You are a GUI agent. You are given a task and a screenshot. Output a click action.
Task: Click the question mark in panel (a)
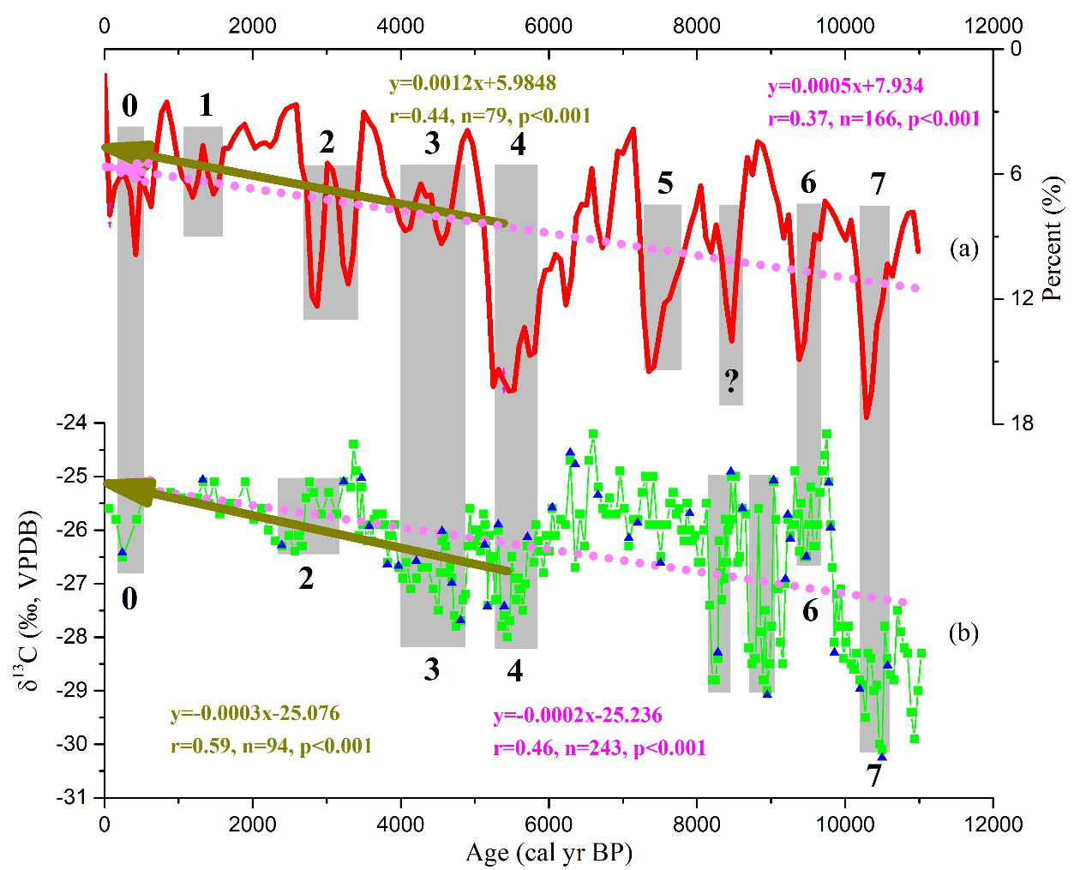tap(731, 381)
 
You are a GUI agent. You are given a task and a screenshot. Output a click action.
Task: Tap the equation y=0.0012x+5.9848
tap(472, 83)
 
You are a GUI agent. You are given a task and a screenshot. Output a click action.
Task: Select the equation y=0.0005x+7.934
tap(845, 87)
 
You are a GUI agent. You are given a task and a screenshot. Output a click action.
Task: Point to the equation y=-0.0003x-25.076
tap(255, 713)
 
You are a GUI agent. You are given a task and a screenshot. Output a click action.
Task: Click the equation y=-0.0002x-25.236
tap(578, 715)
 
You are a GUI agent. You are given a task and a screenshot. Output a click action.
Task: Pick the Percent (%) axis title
tap(1052, 238)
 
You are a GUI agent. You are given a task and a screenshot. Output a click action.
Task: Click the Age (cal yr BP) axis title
tap(549, 853)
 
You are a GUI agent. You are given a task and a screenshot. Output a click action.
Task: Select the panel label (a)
tap(963, 249)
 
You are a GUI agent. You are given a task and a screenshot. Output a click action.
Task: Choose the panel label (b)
tap(963, 633)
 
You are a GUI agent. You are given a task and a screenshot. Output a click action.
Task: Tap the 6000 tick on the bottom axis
tap(549, 824)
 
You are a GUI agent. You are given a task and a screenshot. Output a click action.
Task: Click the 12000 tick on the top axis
tap(993, 26)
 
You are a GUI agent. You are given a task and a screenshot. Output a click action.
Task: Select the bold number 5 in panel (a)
tap(665, 183)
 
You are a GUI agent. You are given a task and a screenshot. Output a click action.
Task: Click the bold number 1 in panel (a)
tap(206, 105)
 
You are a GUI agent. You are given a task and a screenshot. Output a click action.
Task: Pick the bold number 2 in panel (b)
tap(306, 579)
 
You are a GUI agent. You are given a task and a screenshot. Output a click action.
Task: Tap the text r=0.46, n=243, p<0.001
tap(599, 748)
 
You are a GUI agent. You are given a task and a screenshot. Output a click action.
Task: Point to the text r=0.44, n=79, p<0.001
tap(489, 116)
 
